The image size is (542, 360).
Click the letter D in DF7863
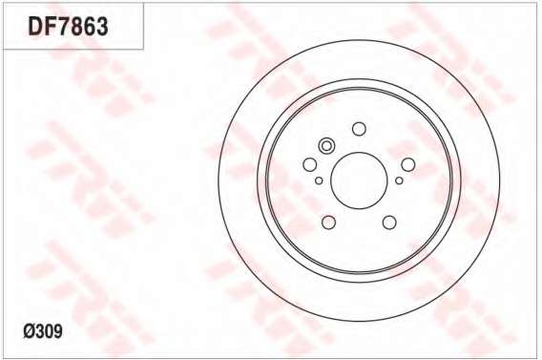tap(35, 27)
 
